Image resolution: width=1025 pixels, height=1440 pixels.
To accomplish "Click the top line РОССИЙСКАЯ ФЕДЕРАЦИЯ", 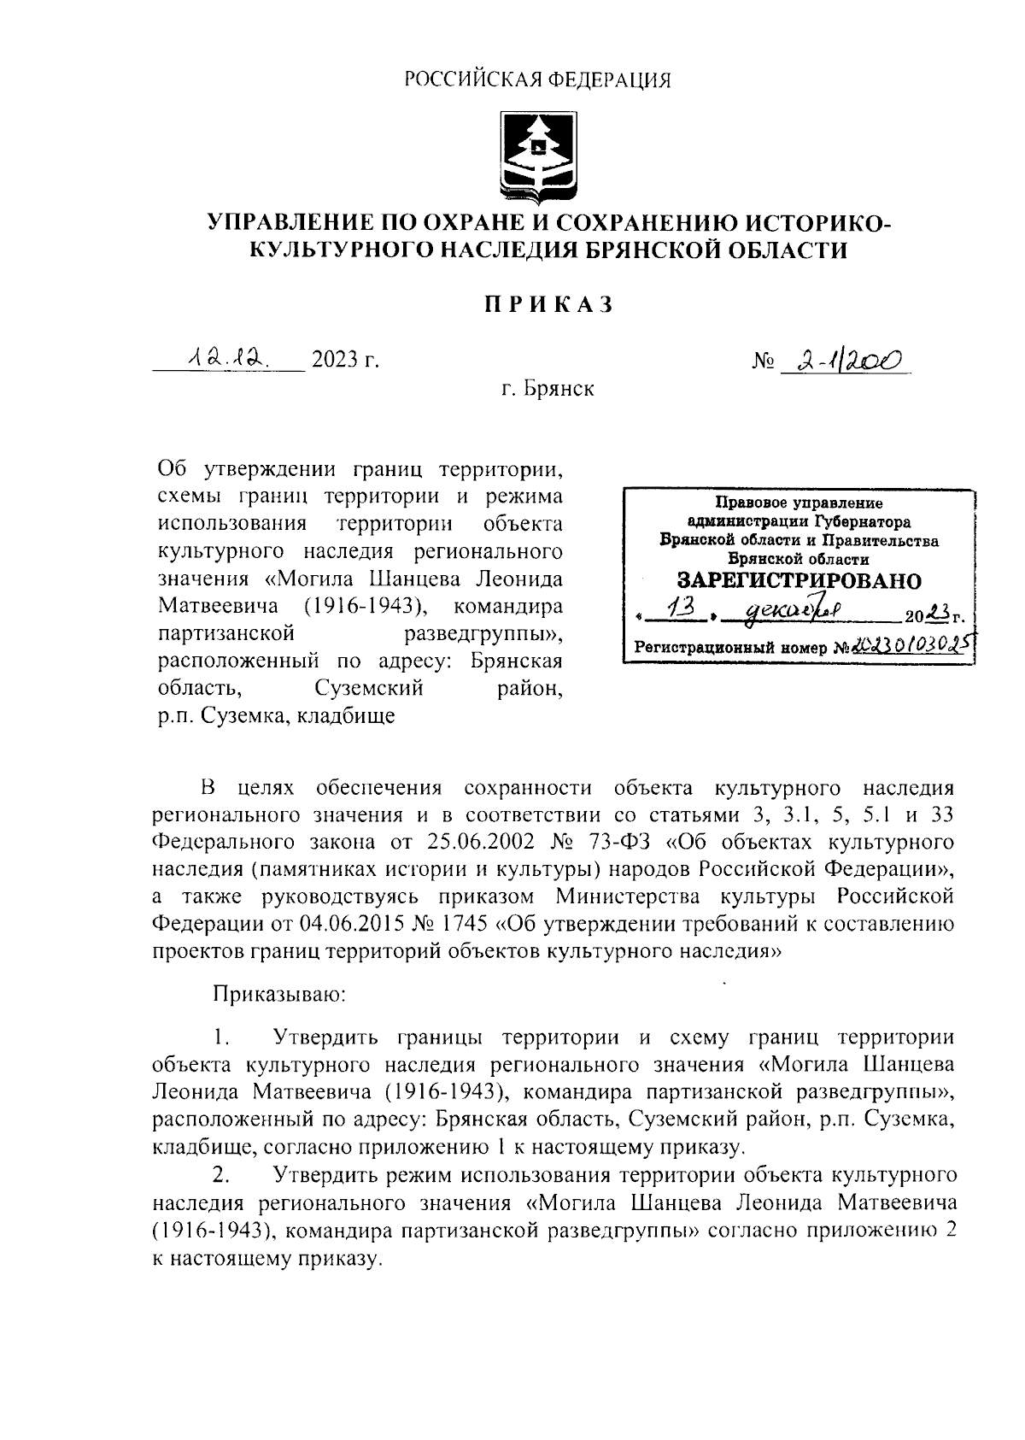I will pos(537,80).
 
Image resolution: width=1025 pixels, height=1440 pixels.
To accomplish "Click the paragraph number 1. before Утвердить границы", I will pos(221,1038).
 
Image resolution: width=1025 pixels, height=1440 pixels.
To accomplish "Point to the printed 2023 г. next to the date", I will pos(345,360).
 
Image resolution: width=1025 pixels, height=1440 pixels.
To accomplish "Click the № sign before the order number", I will pos(762,363).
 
